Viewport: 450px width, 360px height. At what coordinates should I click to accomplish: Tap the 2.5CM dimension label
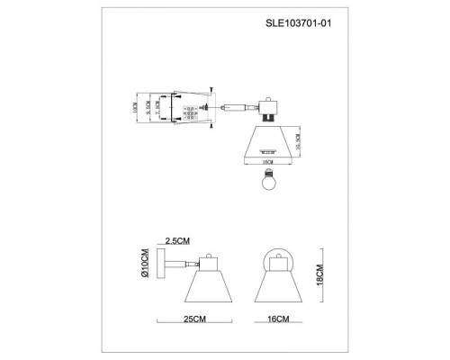177,241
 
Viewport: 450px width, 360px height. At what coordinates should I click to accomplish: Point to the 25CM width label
195,319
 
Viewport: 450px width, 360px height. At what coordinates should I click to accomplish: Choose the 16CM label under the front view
279,319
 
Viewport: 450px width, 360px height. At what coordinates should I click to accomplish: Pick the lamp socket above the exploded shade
267,113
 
